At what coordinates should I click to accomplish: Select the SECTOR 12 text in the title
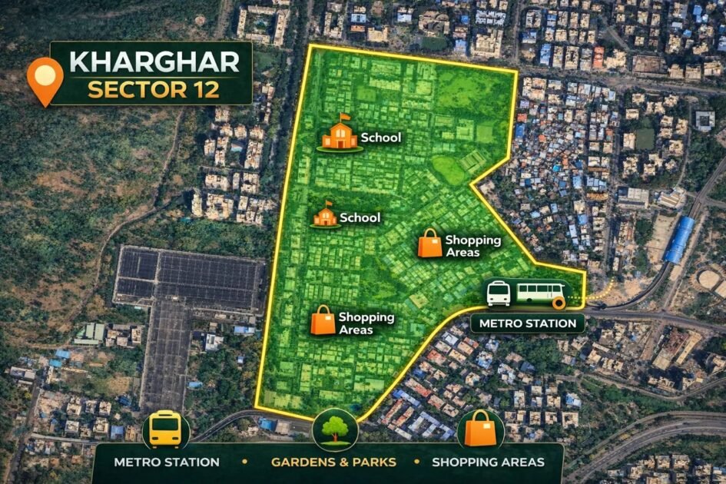pyautogui.click(x=153, y=89)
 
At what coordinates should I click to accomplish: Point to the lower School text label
pyautogui.click(x=360, y=217)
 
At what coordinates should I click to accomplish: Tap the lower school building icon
pyautogui.click(x=326, y=215)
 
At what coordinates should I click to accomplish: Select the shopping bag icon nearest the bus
pyautogui.click(x=430, y=244)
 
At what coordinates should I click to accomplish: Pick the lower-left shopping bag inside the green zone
pyautogui.click(x=323, y=320)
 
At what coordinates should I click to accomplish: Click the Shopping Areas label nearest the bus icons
pyautogui.click(x=472, y=246)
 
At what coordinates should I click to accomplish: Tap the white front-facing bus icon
pyautogui.click(x=499, y=293)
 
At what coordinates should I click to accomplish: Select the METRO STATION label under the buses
pyautogui.click(x=527, y=323)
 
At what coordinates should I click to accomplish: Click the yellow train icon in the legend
pyautogui.click(x=164, y=429)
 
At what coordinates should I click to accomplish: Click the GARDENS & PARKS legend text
pyautogui.click(x=333, y=462)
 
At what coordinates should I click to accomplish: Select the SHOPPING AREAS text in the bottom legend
pyautogui.click(x=488, y=462)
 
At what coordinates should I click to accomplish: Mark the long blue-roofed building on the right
pyautogui.click(x=679, y=240)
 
